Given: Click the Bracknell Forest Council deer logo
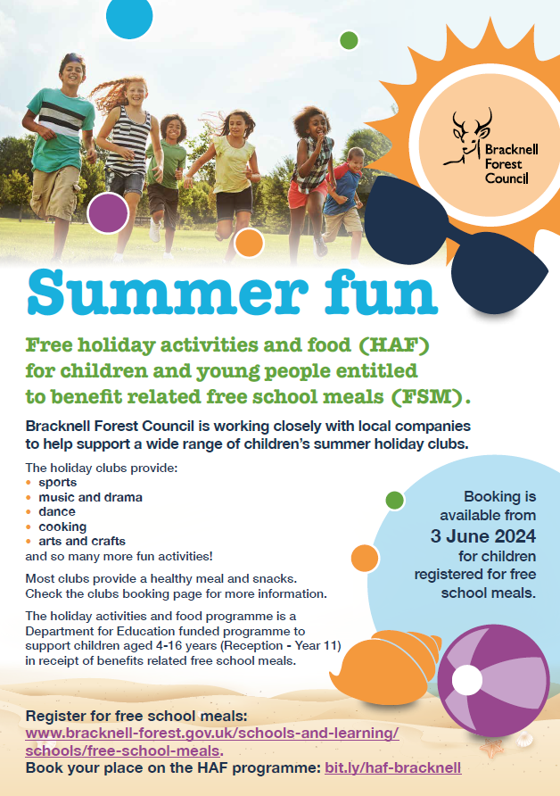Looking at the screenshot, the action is click(490, 146).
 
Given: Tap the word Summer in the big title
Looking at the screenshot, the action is click(168, 292).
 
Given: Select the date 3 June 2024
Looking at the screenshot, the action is click(483, 536).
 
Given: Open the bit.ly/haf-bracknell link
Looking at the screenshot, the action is click(393, 767).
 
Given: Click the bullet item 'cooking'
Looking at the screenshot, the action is click(62, 527).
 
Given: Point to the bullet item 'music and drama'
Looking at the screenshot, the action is click(90, 497).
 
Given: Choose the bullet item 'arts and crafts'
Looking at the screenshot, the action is click(82, 541).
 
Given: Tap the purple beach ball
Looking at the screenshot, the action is click(493, 680).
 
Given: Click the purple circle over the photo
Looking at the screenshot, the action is click(108, 213).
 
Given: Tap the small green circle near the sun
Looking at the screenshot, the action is click(349, 40).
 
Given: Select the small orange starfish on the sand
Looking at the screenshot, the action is click(491, 748).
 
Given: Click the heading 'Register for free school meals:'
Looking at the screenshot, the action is click(136, 717).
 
